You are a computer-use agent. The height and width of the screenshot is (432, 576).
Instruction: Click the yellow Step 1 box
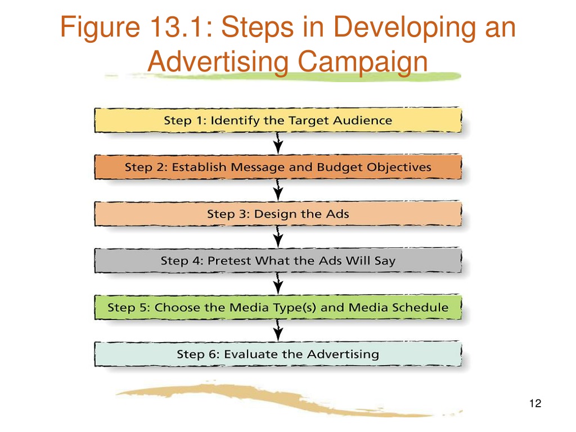click(x=278, y=120)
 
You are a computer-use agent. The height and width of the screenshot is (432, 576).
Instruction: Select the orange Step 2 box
click(x=278, y=167)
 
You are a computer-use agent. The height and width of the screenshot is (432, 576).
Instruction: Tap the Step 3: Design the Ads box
click(x=278, y=214)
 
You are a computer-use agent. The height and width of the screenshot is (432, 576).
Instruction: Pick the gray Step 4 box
click(x=278, y=260)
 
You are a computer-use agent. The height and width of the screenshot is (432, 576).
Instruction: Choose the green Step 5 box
click(x=278, y=307)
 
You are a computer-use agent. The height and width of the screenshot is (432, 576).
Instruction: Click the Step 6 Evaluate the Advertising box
click(x=278, y=354)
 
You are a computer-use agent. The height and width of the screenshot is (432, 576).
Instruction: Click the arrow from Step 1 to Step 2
click(x=278, y=143)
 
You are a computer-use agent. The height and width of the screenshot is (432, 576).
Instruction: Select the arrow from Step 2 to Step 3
click(x=278, y=190)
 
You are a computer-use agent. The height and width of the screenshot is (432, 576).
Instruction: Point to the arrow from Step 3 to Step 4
click(x=278, y=237)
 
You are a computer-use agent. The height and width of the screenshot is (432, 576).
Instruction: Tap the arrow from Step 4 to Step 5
click(x=278, y=283)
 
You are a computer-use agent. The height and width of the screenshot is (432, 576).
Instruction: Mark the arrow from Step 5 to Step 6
click(x=278, y=330)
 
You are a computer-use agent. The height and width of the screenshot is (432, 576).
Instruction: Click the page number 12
click(x=535, y=403)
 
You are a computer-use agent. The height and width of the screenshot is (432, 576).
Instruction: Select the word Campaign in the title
click(x=363, y=62)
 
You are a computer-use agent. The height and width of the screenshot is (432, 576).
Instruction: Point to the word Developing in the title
click(x=404, y=28)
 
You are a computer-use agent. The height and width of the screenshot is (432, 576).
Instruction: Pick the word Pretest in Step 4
click(x=230, y=260)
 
